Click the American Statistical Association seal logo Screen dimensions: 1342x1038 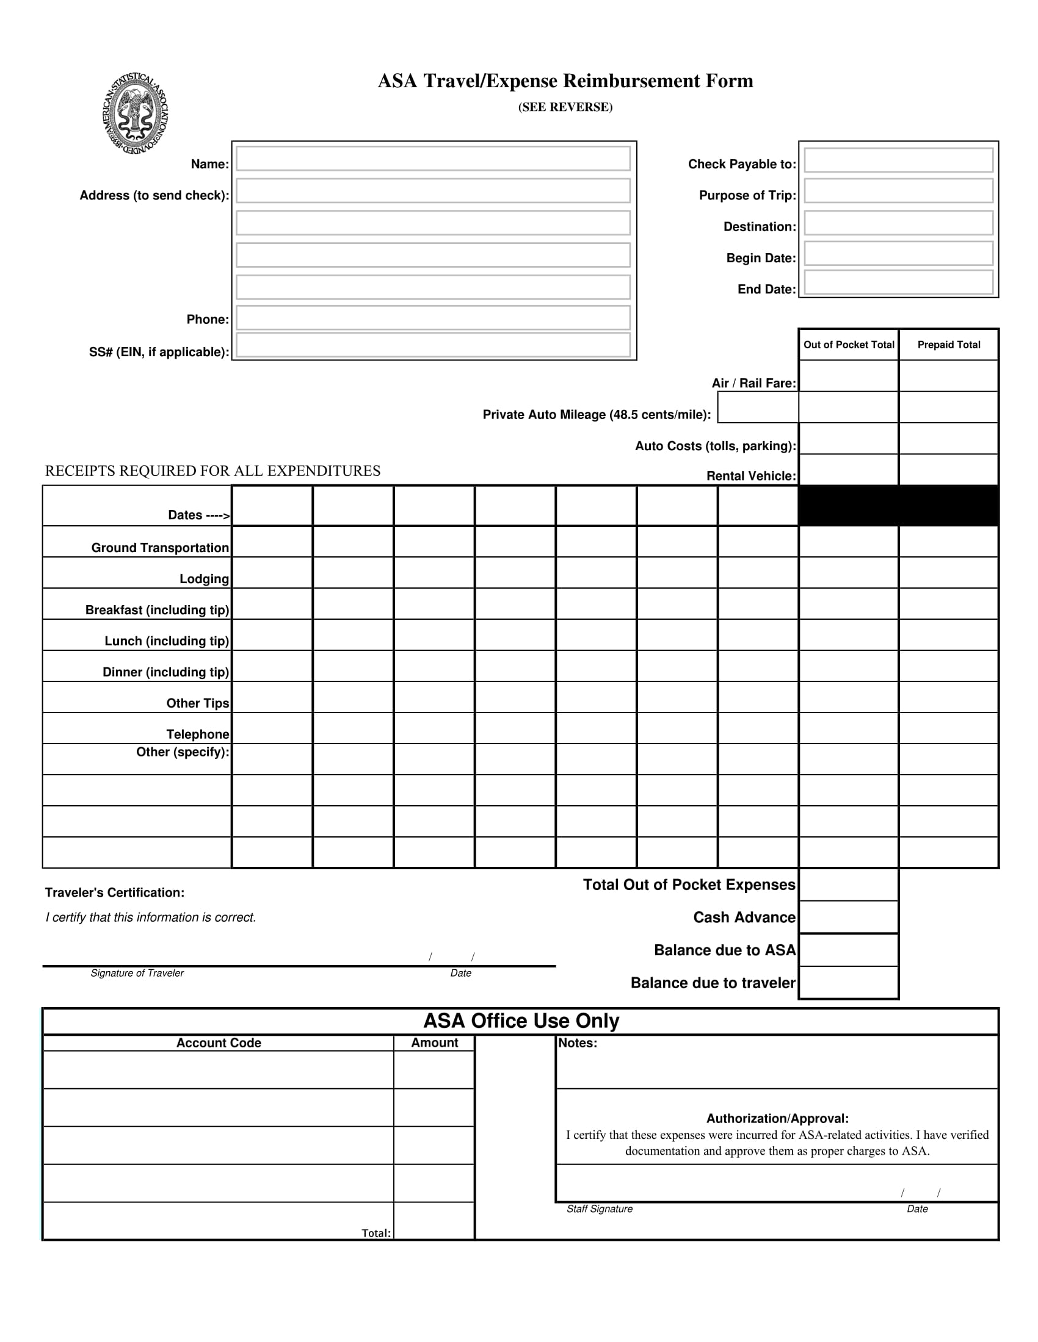click(136, 113)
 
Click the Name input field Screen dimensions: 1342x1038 click(433, 159)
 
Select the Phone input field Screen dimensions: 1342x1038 click(433, 318)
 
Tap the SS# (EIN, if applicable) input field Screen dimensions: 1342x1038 click(433, 345)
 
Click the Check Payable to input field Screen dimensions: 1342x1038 click(898, 160)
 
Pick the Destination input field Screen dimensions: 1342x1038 click(898, 223)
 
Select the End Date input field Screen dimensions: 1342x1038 click(898, 282)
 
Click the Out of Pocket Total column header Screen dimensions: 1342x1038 click(849, 345)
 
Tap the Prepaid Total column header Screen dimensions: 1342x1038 click(948, 345)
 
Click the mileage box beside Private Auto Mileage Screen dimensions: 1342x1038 click(758, 408)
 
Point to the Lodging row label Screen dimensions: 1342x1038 click(203, 579)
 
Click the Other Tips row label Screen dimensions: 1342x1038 click(197, 703)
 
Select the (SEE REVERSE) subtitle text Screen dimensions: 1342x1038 click(565, 107)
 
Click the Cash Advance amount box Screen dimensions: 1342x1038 click(849, 917)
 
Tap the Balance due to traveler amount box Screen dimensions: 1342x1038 click(849, 983)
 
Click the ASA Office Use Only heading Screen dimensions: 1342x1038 click(521, 1021)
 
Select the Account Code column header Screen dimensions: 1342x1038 click(219, 1042)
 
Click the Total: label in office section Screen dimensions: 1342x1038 click(376, 1233)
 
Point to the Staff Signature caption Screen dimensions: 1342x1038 click(600, 1208)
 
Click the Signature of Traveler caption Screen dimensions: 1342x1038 click(137, 974)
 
